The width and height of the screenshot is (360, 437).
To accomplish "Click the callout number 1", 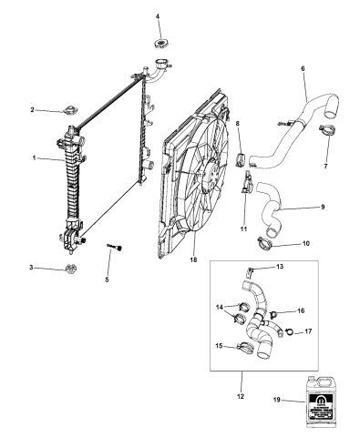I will [x=34, y=158].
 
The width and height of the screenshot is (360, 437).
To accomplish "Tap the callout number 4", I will [x=157, y=17].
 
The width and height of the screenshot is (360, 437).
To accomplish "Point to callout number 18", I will [x=192, y=259].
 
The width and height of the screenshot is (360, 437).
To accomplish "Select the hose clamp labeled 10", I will [x=265, y=243].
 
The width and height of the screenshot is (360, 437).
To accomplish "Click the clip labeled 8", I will [x=242, y=161].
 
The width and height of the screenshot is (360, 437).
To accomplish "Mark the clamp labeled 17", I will [x=285, y=330].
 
